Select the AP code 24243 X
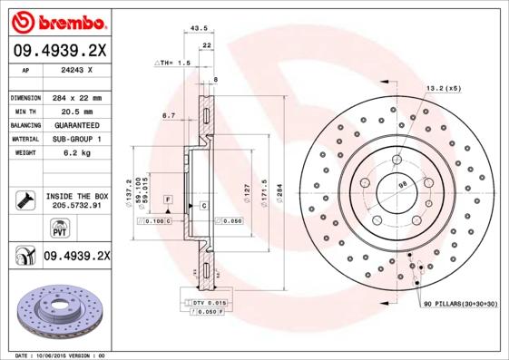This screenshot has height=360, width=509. pos(75,70)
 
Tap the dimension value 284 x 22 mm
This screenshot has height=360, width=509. pos(75,97)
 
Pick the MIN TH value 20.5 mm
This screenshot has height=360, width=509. pos(75,111)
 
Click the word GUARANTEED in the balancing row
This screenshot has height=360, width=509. pos(75,124)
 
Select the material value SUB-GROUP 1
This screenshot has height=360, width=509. pos(75,139)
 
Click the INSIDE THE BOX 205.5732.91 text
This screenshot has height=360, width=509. pos(76,201)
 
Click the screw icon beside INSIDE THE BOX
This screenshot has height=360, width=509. pos(23,200)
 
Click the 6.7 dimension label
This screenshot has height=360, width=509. pos(168,116)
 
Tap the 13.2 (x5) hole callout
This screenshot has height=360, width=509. pos(443,88)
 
